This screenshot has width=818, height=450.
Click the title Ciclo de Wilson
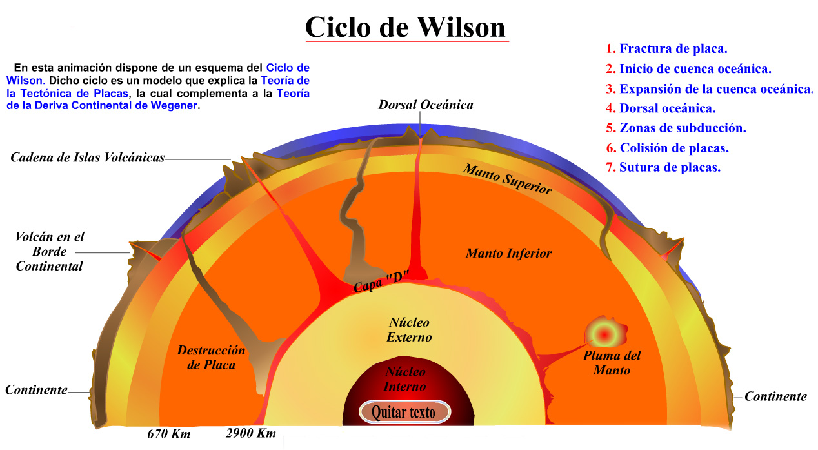click(x=406, y=27)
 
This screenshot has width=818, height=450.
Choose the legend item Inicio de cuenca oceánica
click(x=695, y=68)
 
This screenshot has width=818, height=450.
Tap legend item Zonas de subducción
click(x=683, y=128)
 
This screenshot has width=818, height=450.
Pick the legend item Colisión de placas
click(x=673, y=148)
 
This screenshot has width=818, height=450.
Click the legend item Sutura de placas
click(x=670, y=168)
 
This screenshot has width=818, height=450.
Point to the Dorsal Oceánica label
click(x=426, y=105)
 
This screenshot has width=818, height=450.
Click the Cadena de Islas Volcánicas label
click(x=88, y=158)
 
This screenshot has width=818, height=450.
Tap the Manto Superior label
click(x=508, y=179)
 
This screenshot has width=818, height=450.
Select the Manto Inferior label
click(x=509, y=253)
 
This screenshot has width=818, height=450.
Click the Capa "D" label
click(x=382, y=282)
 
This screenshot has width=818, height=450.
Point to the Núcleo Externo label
click(x=409, y=329)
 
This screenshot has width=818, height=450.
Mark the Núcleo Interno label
click(x=405, y=379)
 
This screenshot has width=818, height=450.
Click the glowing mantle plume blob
click(x=604, y=334)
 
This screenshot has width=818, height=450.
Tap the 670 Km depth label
click(x=169, y=433)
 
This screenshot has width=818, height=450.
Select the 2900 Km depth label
click(x=251, y=433)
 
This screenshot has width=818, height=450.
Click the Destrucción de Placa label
click(x=212, y=358)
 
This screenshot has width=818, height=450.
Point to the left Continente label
click(x=37, y=390)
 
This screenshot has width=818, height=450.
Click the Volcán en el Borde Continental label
click(x=50, y=251)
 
